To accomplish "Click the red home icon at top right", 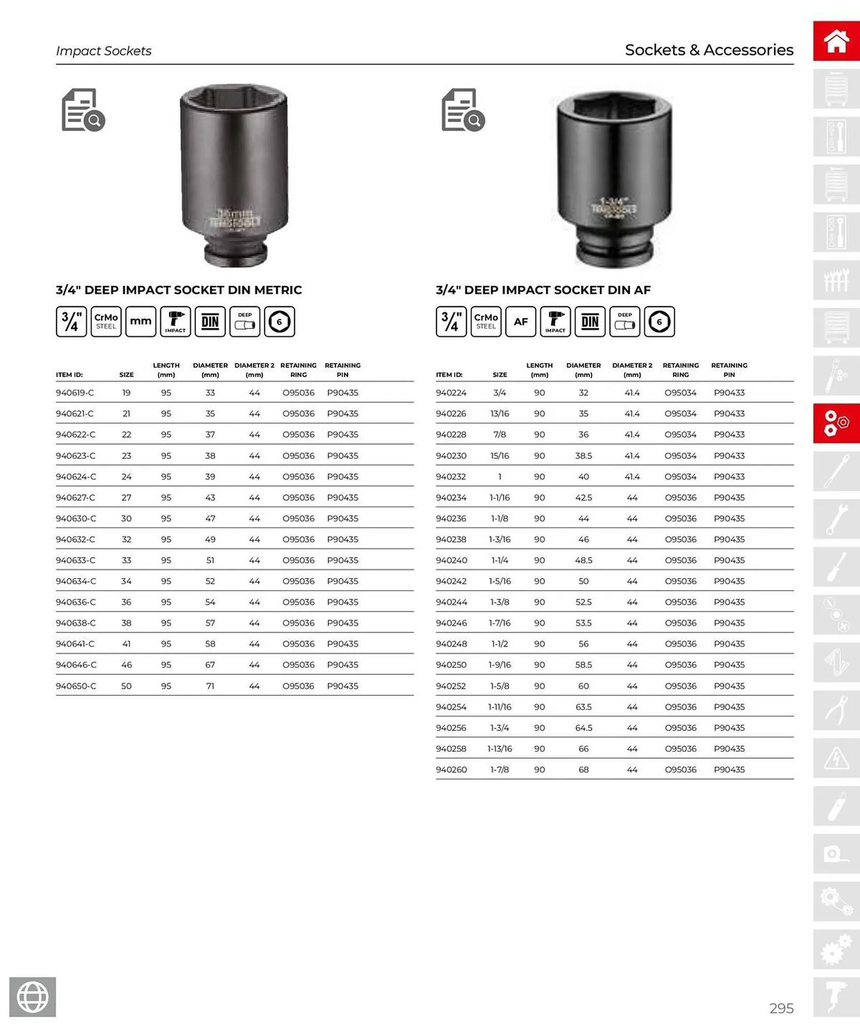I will [x=836, y=41].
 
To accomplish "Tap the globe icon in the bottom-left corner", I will [x=33, y=997].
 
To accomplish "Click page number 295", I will [x=781, y=1008].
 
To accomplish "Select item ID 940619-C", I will [x=75, y=393].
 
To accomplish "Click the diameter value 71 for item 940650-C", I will [x=210, y=686].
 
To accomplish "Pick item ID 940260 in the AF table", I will [x=451, y=769].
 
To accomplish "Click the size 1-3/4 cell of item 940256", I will [x=499, y=728].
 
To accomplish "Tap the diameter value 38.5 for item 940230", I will [x=583, y=456].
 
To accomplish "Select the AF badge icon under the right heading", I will [x=520, y=322].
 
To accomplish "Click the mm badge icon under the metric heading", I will [x=140, y=322].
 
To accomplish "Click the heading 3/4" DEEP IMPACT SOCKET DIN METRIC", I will [x=179, y=290].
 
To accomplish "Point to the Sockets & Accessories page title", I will [x=709, y=50].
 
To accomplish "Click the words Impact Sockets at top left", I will [x=104, y=51].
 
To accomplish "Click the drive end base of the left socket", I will [x=236, y=254].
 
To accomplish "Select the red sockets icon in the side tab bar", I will [x=836, y=423].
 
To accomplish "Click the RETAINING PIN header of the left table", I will [x=342, y=370].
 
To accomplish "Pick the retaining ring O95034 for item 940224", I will [x=680, y=393].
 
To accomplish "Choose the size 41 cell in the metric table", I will [x=126, y=644].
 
